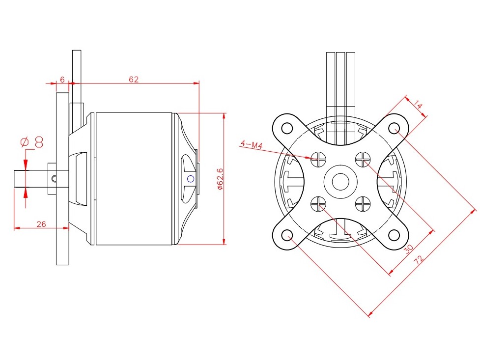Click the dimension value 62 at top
click(x=134, y=79)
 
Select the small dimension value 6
click(x=62, y=79)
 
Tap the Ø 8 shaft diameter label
click(x=32, y=142)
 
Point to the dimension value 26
click(x=41, y=224)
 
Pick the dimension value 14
click(x=418, y=105)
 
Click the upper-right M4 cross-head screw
click(x=363, y=159)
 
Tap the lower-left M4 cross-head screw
click(x=318, y=202)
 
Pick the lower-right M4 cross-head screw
click(x=363, y=202)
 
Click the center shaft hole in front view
click(x=340, y=181)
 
